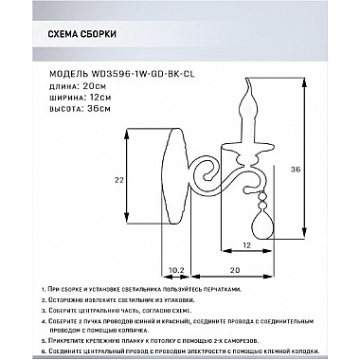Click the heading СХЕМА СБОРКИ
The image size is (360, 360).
click(x=81, y=37)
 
